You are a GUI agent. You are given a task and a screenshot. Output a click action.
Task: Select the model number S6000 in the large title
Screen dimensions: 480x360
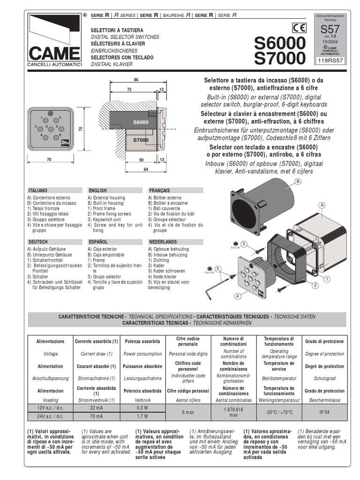tap(279, 43)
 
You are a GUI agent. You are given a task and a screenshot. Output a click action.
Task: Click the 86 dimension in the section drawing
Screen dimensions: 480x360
tap(136, 80)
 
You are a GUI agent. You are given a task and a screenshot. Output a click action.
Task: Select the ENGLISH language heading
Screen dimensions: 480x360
tap(97, 191)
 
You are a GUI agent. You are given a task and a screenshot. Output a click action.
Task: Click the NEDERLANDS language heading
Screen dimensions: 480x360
tap(162, 241)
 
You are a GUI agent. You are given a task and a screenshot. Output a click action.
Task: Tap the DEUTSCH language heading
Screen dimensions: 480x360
tap(38, 241)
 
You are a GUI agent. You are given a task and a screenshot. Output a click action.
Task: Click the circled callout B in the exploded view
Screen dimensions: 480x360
tap(297, 181)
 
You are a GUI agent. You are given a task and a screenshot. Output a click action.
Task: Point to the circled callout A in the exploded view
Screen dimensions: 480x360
tap(322, 205)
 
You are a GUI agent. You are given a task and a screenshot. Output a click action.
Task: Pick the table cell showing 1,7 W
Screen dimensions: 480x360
tap(142, 415)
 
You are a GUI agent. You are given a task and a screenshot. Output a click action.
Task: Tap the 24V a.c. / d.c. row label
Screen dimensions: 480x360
tap(50, 415)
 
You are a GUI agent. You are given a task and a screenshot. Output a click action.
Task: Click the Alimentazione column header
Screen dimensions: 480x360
tap(50, 342)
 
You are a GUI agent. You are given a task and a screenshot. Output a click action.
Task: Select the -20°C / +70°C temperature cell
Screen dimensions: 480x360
tap(279, 411)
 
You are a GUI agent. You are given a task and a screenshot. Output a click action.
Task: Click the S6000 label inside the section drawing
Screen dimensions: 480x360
tap(140, 122)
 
